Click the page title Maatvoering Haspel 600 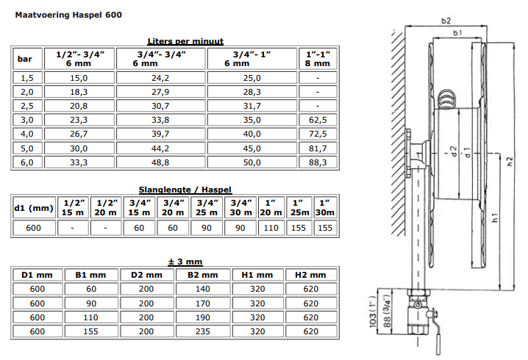point(68,15)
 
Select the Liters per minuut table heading point(185,41)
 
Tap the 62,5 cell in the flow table point(318,120)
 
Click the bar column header point(24,59)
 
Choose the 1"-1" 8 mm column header point(318,59)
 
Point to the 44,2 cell point(160,148)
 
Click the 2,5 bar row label point(27,106)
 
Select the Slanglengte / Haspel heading point(185,190)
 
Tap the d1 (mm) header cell point(34,208)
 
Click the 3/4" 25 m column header point(207,208)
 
